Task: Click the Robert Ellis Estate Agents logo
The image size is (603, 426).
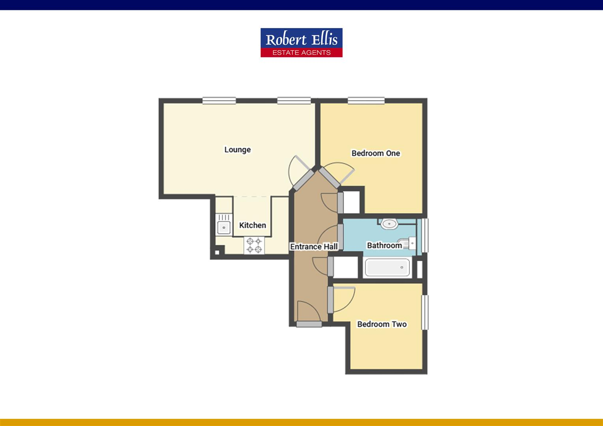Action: [x=301, y=43]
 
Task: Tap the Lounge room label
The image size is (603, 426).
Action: [x=238, y=149]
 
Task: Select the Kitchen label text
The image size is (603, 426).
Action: [x=253, y=225]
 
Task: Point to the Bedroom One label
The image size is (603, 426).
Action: [x=376, y=153]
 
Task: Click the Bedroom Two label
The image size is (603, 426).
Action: [x=382, y=324]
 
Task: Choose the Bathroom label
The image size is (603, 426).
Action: [x=384, y=245]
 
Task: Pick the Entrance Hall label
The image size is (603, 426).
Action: [x=314, y=247]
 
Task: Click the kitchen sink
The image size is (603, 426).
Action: [x=223, y=227]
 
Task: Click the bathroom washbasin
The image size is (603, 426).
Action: [x=389, y=224]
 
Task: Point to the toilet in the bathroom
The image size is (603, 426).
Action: [x=406, y=243]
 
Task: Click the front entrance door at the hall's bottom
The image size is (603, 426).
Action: [x=309, y=324]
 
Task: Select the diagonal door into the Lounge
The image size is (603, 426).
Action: [x=302, y=180]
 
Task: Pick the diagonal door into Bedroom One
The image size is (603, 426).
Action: [x=330, y=178]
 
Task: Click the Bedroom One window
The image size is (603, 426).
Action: [x=366, y=101]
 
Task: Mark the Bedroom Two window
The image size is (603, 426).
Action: [x=425, y=312]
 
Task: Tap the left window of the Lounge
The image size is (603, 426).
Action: [x=219, y=101]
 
